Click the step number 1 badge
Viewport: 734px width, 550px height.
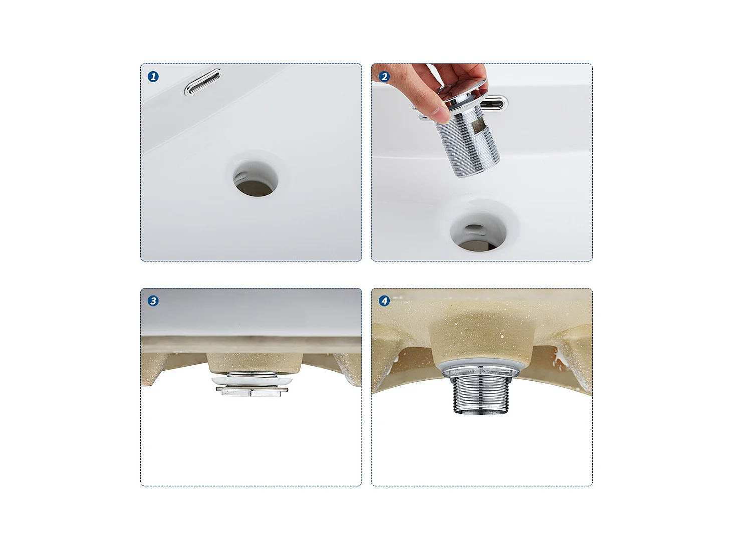[x=153, y=77]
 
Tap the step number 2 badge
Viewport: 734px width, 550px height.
[x=384, y=77]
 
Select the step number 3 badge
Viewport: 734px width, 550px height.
[x=153, y=301]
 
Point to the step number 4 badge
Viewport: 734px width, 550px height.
[x=384, y=301]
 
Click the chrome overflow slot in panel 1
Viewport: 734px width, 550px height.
[x=202, y=82]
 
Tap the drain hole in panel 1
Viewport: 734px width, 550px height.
[x=256, y=179]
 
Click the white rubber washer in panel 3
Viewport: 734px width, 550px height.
[x=252, y=381]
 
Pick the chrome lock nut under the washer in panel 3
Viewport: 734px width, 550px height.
[x=252, y=392]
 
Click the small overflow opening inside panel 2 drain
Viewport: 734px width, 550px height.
[x=474, y=230]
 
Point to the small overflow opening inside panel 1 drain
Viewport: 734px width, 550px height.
[x=240, y=177]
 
